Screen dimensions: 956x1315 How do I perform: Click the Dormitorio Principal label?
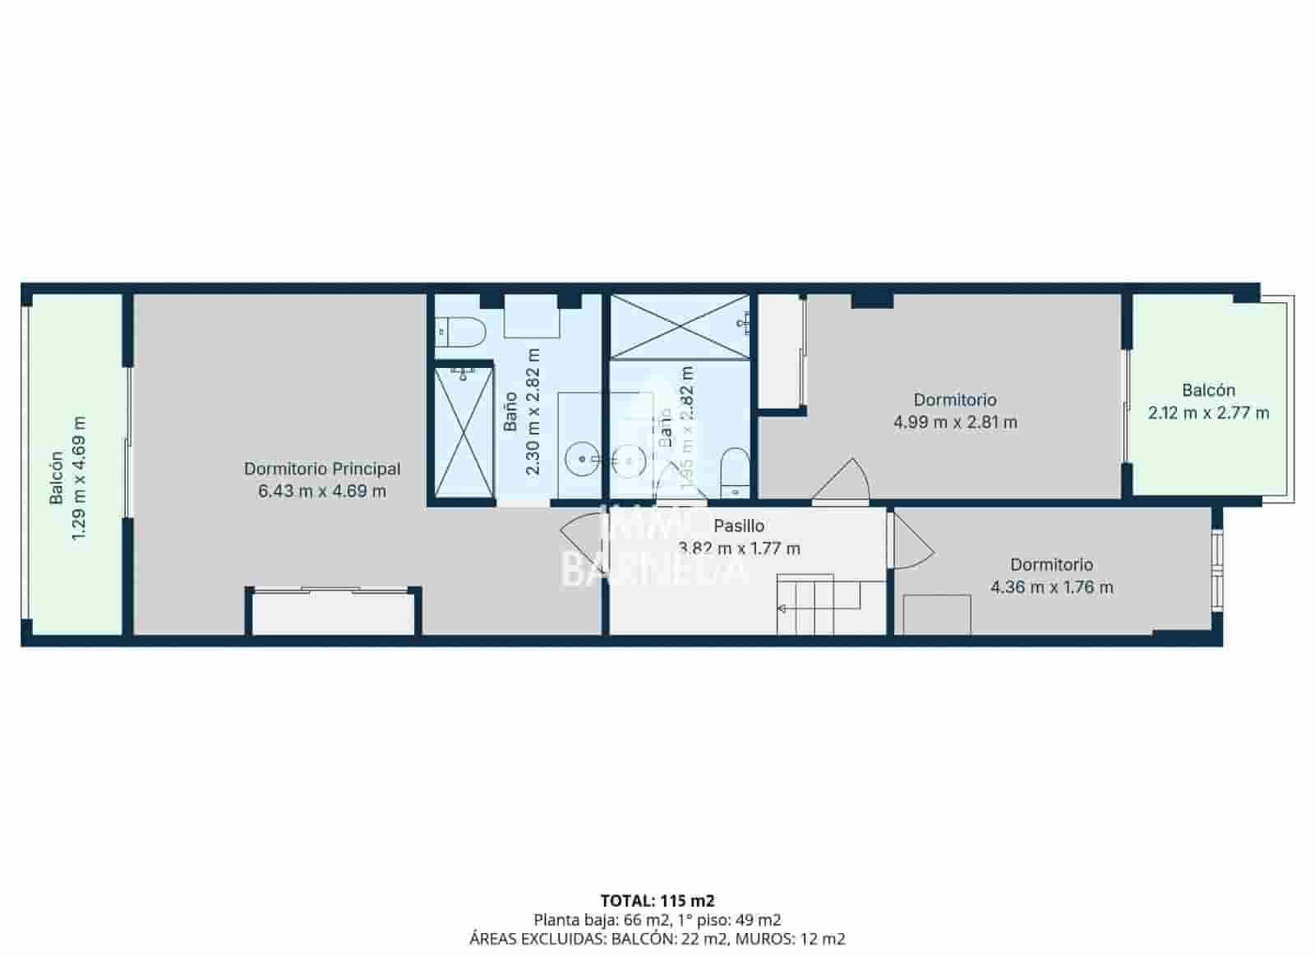[322, 469]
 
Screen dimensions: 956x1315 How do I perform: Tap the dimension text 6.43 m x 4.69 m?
[322, 491]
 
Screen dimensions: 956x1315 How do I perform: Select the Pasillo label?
[739, 526]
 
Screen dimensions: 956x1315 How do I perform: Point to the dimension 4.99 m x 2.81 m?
[955, 422]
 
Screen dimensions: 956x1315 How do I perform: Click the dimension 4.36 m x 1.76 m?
[1052, 587]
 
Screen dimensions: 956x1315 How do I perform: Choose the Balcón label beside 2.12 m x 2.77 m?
[1208, 390]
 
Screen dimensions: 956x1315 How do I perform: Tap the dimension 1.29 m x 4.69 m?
[79, 479]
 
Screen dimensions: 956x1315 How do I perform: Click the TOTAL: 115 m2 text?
[657, 901]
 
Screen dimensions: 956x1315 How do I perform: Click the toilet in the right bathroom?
[734, 473]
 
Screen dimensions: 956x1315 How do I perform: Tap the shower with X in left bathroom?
[464, 433]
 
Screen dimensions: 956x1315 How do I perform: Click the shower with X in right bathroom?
[679, 326]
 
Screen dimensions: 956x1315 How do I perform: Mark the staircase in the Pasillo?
[830, 604]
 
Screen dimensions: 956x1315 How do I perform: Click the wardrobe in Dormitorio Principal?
[333, 613]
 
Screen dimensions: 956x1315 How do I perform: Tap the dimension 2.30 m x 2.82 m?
[533, 411]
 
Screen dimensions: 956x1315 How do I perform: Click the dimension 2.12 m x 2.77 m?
[1208, 413]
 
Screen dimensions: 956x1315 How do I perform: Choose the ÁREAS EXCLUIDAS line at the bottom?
[657, 939]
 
